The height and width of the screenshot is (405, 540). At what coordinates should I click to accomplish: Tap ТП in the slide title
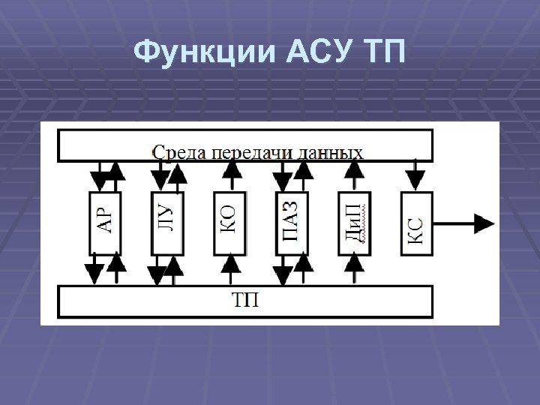tap(383, 53)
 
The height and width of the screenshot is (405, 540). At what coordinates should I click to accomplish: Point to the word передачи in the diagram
tap(252, 153)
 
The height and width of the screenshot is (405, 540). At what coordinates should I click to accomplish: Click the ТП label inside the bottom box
tap(245, 301)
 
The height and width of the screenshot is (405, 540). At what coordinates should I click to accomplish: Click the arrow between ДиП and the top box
tap(355, 177)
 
